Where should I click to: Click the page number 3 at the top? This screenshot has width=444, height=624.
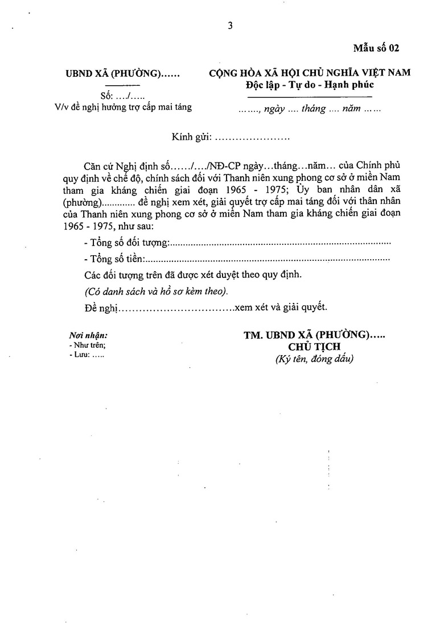(x=230, y=26)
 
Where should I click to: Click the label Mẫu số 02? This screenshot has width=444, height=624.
(x=376, y=48)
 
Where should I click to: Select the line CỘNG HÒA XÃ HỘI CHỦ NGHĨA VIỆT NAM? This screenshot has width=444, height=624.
(x=310, y=73)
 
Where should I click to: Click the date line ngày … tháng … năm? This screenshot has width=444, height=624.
(x=310, y=109)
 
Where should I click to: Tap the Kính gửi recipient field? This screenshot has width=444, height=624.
(x=231, y=137)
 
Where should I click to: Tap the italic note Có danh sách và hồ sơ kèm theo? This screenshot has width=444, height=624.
(x=155, y=292)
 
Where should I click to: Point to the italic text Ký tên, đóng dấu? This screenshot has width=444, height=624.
(x=314, y=359)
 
